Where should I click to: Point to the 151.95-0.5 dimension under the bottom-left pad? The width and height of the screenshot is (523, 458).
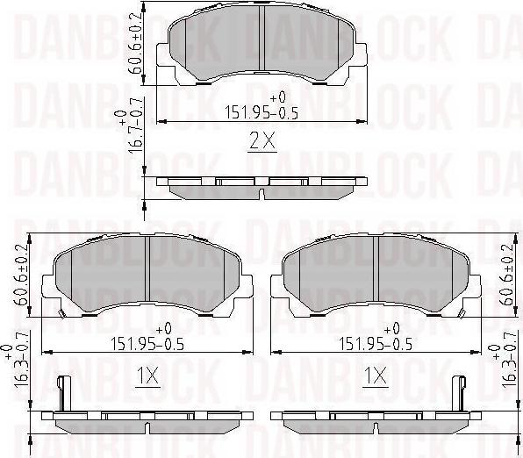(147, 344)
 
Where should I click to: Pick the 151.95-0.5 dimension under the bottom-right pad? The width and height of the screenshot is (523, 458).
(376, 344)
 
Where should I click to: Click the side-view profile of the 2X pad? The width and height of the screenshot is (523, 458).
(261, 186)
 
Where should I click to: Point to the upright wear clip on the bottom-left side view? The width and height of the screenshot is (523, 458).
(61, 395)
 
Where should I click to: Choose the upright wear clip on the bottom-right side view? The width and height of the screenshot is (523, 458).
(457, 395)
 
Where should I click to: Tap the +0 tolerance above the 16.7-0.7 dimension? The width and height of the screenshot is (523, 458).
(121, 115)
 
